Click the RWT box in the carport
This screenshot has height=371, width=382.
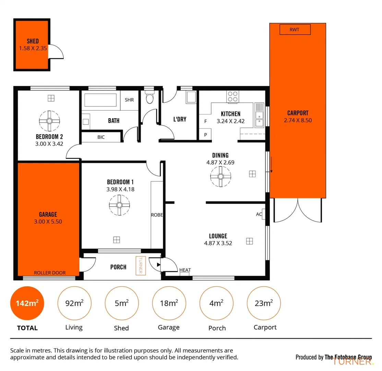coord(295,30)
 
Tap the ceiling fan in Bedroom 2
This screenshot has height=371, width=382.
coord(49,121)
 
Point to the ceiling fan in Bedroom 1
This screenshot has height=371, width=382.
coord(119,205)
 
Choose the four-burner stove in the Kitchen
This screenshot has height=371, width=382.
coord(232,96)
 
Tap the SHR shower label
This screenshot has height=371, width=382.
coord(129,100)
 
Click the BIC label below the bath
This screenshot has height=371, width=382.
coord(101,137)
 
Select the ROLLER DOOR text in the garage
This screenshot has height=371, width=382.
coord(50,273)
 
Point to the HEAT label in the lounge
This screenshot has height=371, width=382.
coord(185,270)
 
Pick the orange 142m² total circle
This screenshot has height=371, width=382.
coord(27,303)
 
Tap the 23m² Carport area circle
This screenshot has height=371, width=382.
coord(264,303)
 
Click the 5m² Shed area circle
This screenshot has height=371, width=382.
coord(121,303)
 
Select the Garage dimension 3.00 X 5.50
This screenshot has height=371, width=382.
coord(48,222)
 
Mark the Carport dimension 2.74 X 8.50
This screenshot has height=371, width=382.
coord(298,120)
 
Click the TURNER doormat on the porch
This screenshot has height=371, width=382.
coord(141,266)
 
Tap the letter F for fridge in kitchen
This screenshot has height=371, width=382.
coord(205,121)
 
